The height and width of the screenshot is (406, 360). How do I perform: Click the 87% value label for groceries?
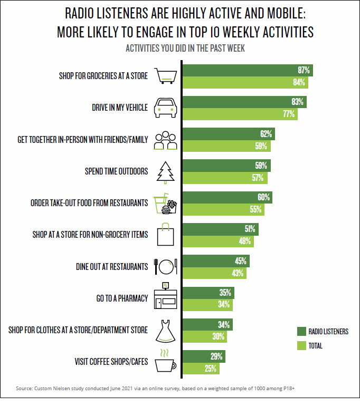click(304, 70)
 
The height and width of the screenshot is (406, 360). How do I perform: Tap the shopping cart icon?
click(165, 76)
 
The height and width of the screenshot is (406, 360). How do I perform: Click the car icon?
click(165, 108)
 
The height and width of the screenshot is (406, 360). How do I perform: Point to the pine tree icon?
click(165, 171)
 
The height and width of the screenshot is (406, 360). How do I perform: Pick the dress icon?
click(165, 331)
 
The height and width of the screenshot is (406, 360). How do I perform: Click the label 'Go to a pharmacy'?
click(122, 298)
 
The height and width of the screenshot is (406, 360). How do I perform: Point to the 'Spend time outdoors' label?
click(116, 171)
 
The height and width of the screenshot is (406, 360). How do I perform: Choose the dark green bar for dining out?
click(216, 260)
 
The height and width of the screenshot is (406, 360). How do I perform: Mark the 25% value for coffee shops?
click(211, 369)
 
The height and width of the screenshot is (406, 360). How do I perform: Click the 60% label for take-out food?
click(264, 197)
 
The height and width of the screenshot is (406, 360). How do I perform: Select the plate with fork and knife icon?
click(165, 267)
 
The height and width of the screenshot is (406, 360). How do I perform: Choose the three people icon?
click(165, 140)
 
